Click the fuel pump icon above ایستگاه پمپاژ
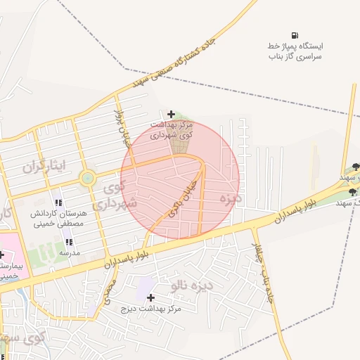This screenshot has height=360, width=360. point(294,35)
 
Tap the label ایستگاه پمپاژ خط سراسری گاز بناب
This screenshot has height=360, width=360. point(294,51)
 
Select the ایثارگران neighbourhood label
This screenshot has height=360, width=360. point(44,167)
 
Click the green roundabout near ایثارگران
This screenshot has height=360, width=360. point(87,178)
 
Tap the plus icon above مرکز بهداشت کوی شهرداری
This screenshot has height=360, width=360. point(172,114)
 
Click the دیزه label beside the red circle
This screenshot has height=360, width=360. point(230,199)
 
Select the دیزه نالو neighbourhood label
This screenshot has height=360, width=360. point(188,285)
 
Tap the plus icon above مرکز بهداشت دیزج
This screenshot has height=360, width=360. point(150,297)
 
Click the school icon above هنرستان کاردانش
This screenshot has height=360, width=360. point(58,203)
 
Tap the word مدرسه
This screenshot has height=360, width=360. point(69,252)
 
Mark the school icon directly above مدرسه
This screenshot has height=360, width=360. point(69,241)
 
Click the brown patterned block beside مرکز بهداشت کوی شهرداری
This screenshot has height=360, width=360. point(182,140)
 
